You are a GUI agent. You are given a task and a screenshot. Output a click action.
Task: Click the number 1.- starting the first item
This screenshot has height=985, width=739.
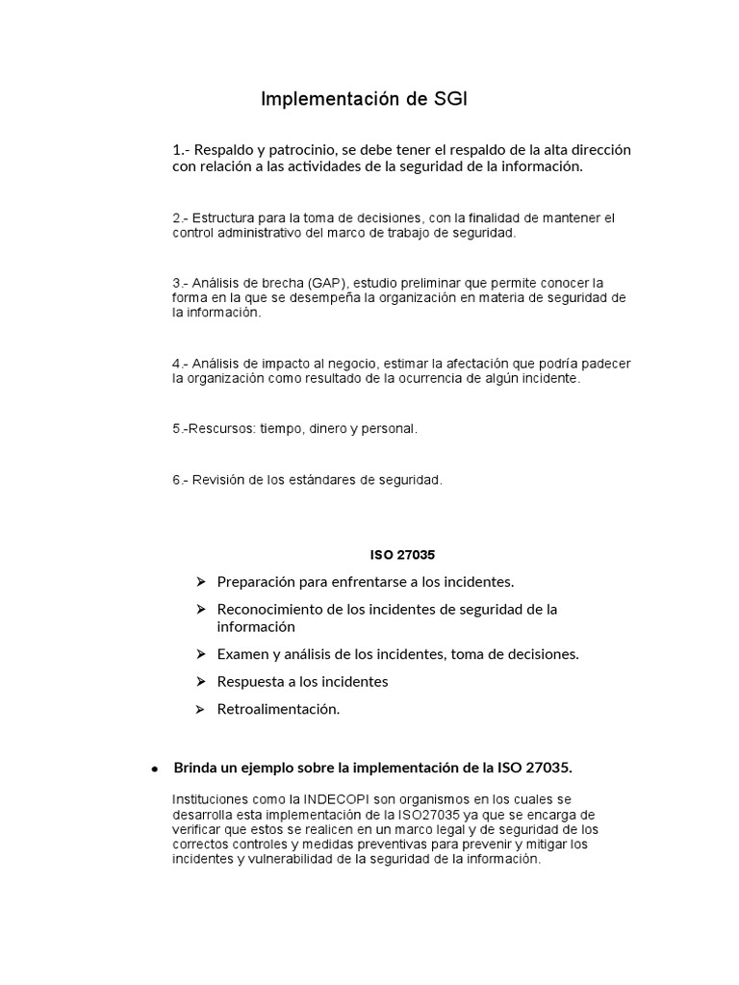point(183,150)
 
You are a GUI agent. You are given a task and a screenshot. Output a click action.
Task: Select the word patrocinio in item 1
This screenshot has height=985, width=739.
point(294,150)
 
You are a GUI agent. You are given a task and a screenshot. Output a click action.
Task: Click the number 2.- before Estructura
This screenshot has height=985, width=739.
point(182,218)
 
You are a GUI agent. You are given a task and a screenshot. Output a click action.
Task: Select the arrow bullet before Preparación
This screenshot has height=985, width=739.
point(200,582)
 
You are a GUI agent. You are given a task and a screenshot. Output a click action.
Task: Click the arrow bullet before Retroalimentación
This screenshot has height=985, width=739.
point(200,710)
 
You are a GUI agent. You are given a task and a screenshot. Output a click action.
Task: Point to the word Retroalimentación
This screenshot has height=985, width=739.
point(278,710)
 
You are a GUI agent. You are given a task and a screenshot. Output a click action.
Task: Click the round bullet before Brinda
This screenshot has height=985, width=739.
point(154,769)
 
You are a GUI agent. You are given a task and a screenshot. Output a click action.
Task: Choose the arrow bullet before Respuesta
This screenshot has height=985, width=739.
point(200,682)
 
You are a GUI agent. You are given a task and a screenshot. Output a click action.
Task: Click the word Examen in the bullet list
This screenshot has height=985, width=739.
point(242,654)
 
